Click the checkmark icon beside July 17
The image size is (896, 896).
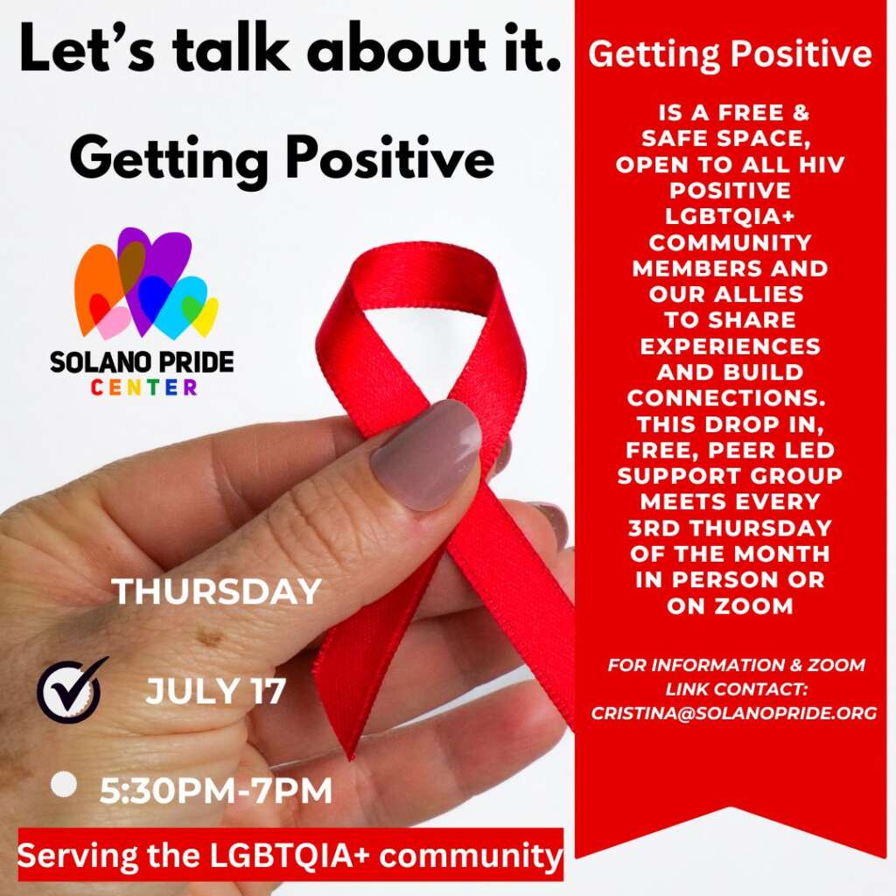pos(70,689)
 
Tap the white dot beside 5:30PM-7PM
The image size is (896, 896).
pos(63,784)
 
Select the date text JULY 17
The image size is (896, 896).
pos(215,691)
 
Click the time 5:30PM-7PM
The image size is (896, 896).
pos(216,791)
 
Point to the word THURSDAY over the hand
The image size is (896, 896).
pos(217,591)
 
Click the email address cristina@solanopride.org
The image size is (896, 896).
pos(734,713)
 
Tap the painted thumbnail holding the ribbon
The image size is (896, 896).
pos(427,454)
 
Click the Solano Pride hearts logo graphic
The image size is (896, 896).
pos(146,283)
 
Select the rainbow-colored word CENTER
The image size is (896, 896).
pos(144,387)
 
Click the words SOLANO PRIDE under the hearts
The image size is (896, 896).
pos(142,361)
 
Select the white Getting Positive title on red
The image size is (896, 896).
pos(730,54)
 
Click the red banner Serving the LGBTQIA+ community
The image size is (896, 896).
pos(290,856)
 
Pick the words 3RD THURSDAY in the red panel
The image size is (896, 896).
pos(730,528)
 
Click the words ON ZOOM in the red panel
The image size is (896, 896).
pos(730,605)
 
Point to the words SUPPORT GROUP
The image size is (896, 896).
pos(730,476)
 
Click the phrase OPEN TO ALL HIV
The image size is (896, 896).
pos(730,164)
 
